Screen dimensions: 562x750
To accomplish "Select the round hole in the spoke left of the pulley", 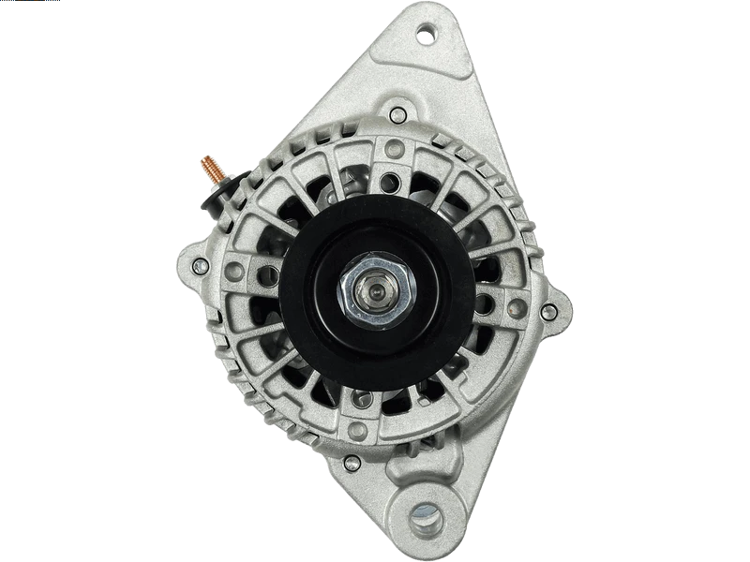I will point(268,274).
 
